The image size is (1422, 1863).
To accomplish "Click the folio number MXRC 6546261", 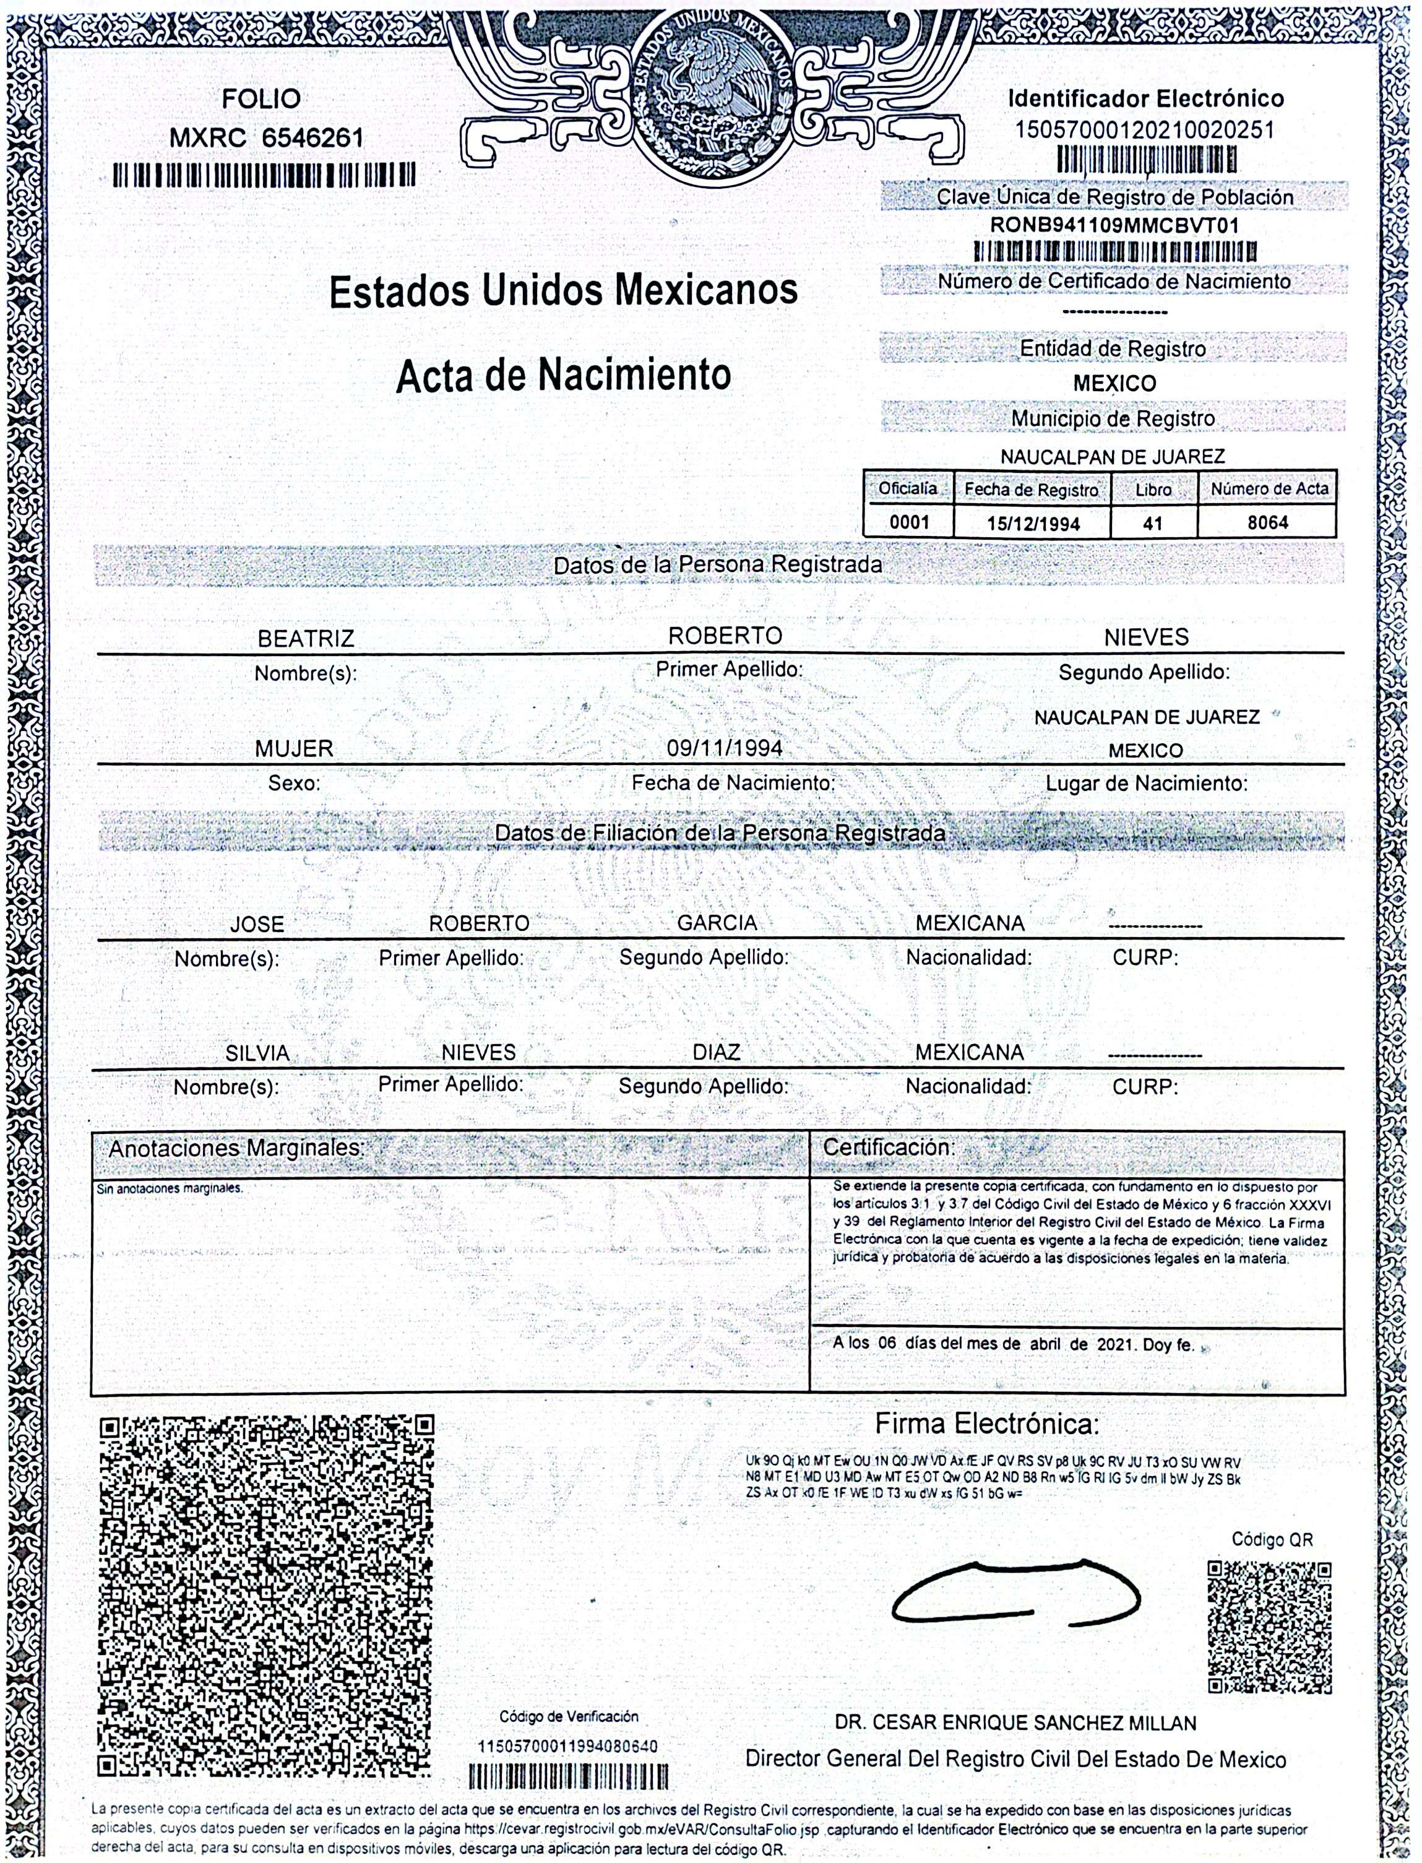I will click(267, 137).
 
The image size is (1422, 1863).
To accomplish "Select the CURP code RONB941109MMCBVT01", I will click(1114, 226).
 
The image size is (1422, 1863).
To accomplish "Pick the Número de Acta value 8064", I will click(1267, 523).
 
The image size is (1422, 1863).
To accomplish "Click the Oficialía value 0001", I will click(908, 523).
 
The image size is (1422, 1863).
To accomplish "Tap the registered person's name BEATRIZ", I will click(306, 639).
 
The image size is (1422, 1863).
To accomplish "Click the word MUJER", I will click(295, 749).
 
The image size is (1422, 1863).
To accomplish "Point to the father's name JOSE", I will click(257, 924).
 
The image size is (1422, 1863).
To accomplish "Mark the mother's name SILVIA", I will click(257, 1054).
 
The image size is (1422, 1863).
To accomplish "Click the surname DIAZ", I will click(716, 1052).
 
